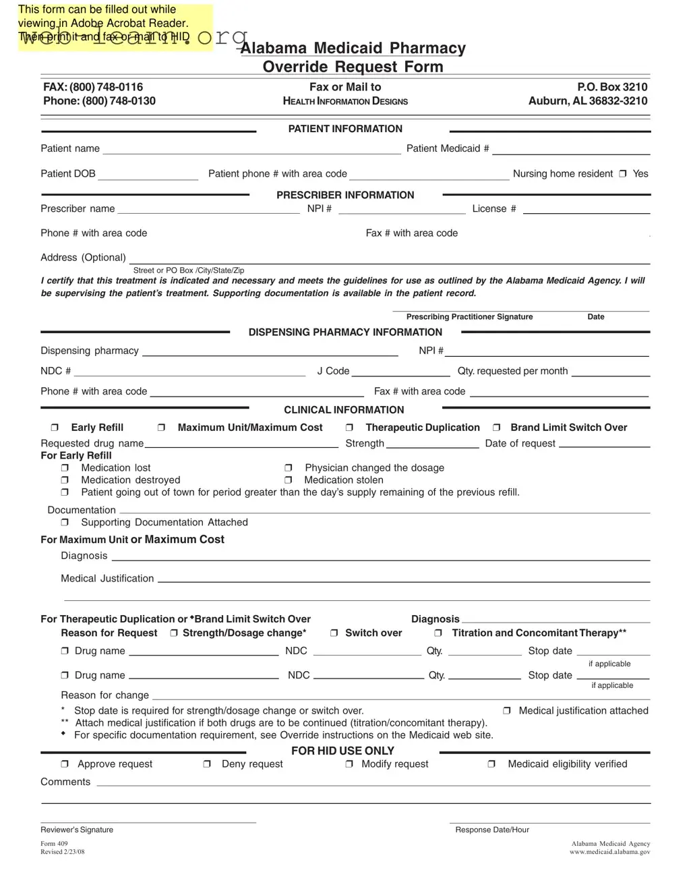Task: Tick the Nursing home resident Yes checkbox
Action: (x=623, y=174)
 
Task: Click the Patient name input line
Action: (x=251, y=149)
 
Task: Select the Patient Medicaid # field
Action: (x=570, y=149)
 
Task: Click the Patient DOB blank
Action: (x=148, y=174)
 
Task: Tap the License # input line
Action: (x=586, y=209)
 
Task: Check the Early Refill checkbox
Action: (x=55, y=428)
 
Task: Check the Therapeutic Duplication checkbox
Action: (x=349, y=428)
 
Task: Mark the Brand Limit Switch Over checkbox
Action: (x=496, y=428)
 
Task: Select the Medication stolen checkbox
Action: (x=288, y=480)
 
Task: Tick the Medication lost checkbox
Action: (x=65, y=468)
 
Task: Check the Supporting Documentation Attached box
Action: (x=65, y=523)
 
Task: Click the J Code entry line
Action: (x=400, y=372)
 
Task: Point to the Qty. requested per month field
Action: (x=610, y=372)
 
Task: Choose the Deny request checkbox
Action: (x=207, y=764)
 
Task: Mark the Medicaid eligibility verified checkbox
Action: (x=491, y=764)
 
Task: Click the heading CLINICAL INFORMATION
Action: (x=344, y=410)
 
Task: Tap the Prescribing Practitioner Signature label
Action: (x=469, y=317)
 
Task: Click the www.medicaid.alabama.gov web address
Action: (x=609, y=852)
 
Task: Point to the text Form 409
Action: (x=54, y=844)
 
